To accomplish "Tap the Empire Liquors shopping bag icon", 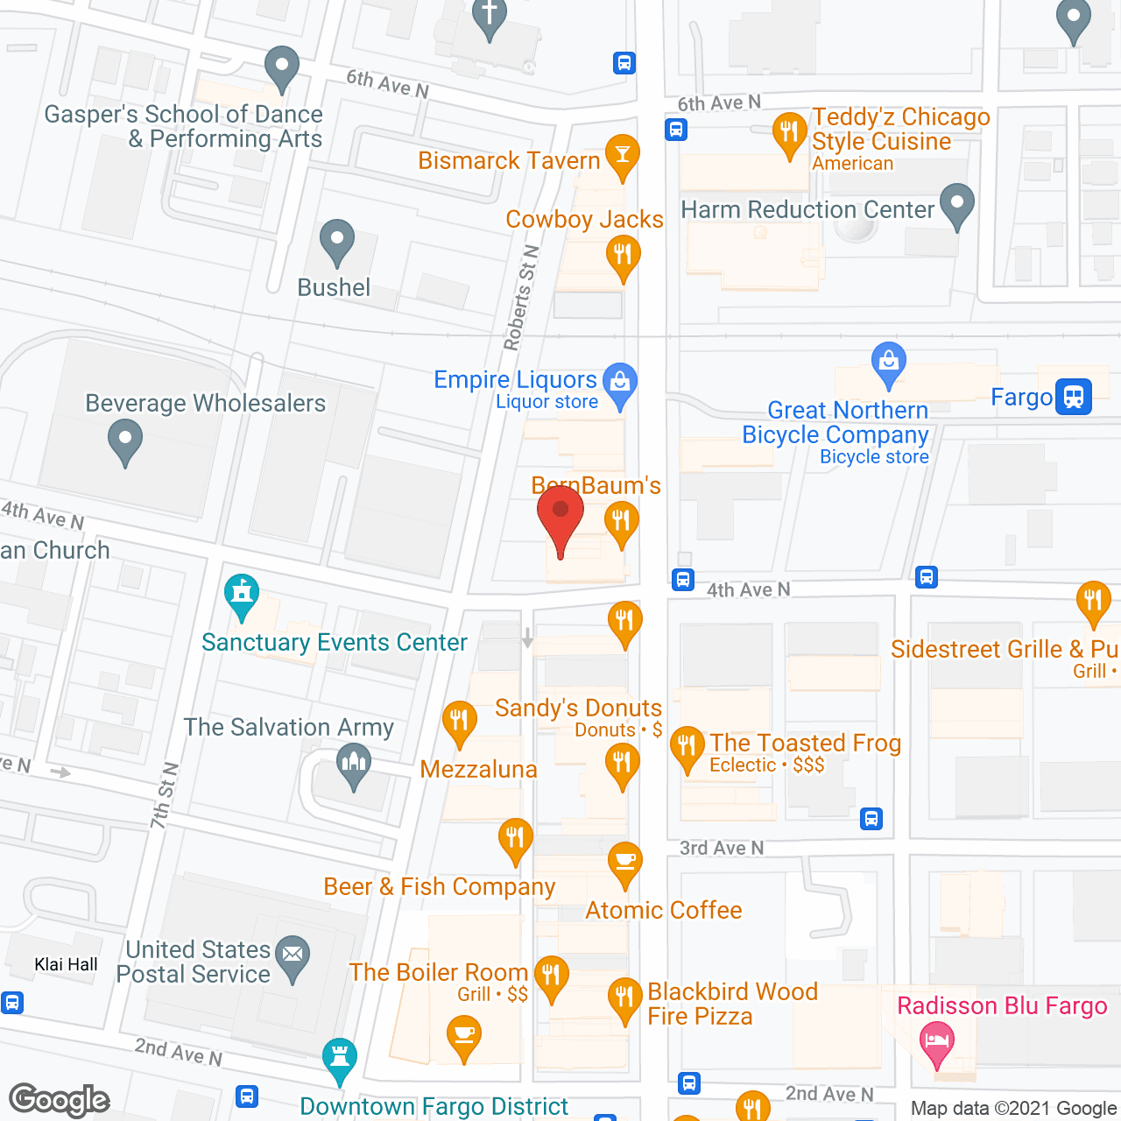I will coord(620,383).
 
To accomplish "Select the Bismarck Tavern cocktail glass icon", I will coord(622,155).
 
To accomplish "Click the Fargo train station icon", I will coord(1074,397).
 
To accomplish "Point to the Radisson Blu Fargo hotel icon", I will coord(936,1042).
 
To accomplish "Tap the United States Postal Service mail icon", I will coord(293,954).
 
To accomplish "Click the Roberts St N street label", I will coord(521,299).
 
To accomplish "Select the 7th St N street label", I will coord(164,795).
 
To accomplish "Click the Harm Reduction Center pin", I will coord(956,203).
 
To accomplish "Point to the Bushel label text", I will coord(334,287).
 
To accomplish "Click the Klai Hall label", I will coord(67,964).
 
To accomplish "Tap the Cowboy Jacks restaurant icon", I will coord(623,257).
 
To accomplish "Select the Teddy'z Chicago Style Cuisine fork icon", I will coord(789,133).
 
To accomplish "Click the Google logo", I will coord(60,1099).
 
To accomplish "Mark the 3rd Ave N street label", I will coord(722,848).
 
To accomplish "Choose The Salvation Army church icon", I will coord(354,764).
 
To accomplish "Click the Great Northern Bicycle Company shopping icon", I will coord(889,362).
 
